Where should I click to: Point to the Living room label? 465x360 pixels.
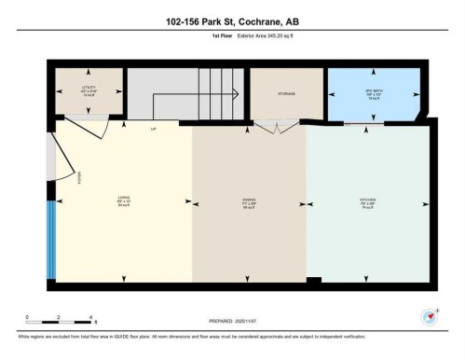point(122,201)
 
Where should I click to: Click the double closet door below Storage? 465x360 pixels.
point(272,130)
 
